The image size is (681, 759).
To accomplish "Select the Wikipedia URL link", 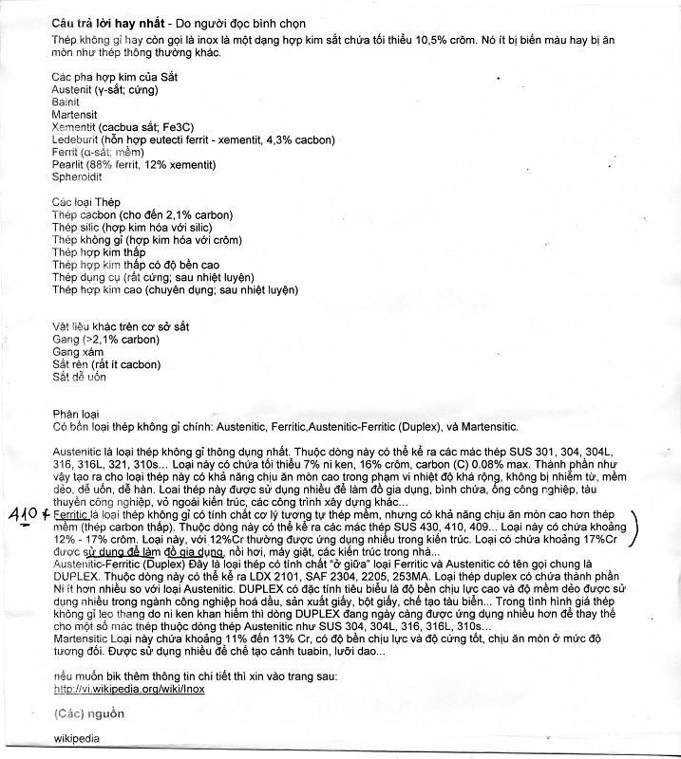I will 129,690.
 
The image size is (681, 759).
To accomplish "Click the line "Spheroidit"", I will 77,176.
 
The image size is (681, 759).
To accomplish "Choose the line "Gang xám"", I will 78,351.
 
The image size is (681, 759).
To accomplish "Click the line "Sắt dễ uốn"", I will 81,376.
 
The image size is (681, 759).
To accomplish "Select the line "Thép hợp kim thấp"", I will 99,252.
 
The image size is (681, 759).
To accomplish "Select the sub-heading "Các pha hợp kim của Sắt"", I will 114,76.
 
